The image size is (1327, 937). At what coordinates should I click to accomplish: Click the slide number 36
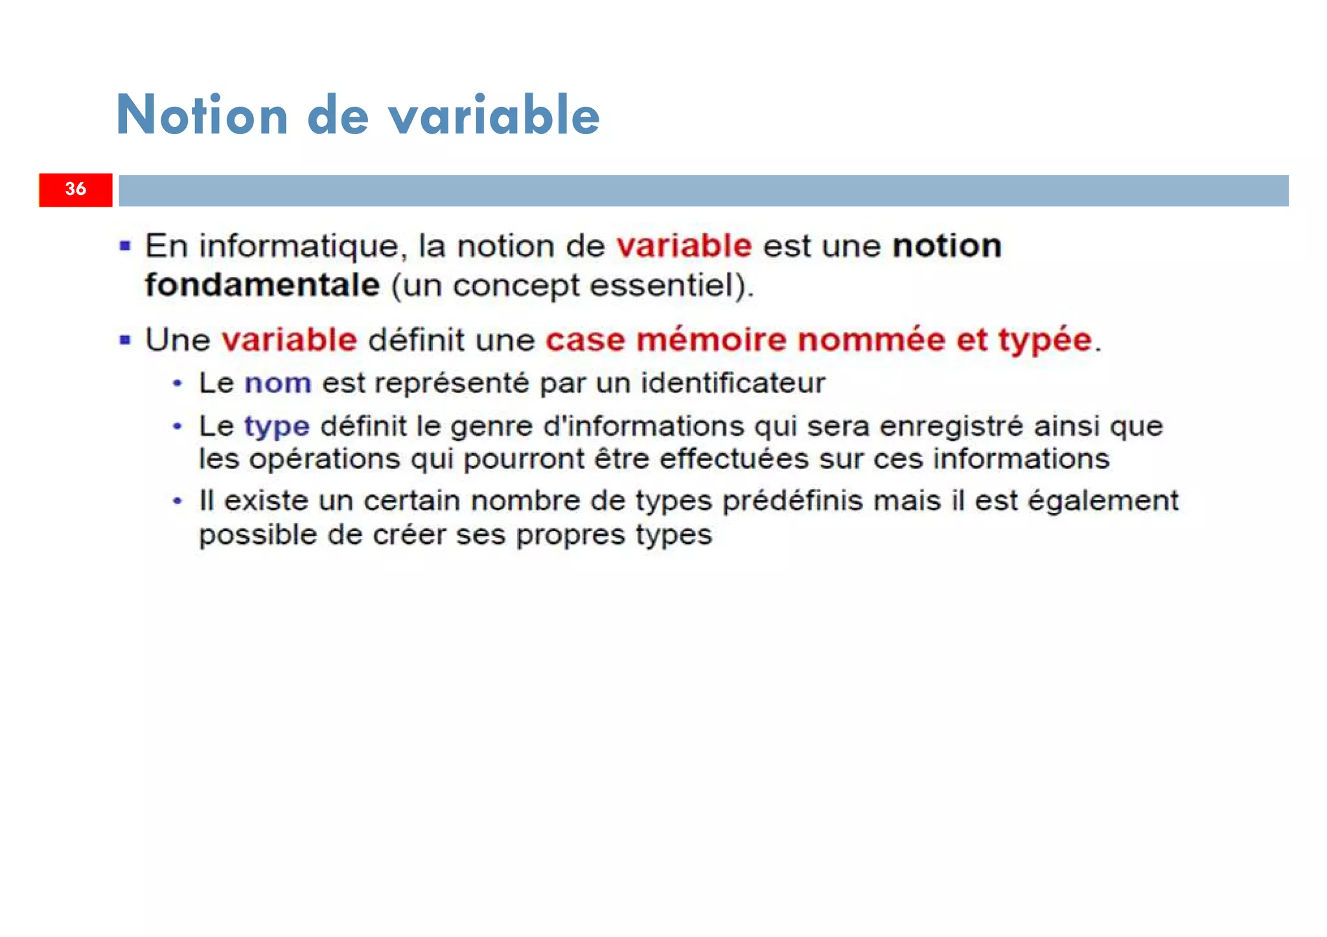pos(75,189)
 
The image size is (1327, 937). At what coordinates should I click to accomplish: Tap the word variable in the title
pos(494,115)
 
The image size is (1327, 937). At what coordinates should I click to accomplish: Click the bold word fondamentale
pos(262,286)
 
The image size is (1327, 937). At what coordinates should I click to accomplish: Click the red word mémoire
pos(711,340)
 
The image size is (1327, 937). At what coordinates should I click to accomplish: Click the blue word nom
pos(278,383)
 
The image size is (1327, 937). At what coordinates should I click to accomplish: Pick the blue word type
pos(277,427)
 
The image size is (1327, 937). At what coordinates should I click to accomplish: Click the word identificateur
pos(733,383)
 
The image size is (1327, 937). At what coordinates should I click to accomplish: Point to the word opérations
pos(325,460)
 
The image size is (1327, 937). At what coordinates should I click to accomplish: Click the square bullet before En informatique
pos(125,246)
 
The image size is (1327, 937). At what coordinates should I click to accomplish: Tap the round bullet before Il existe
pos(177,501)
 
